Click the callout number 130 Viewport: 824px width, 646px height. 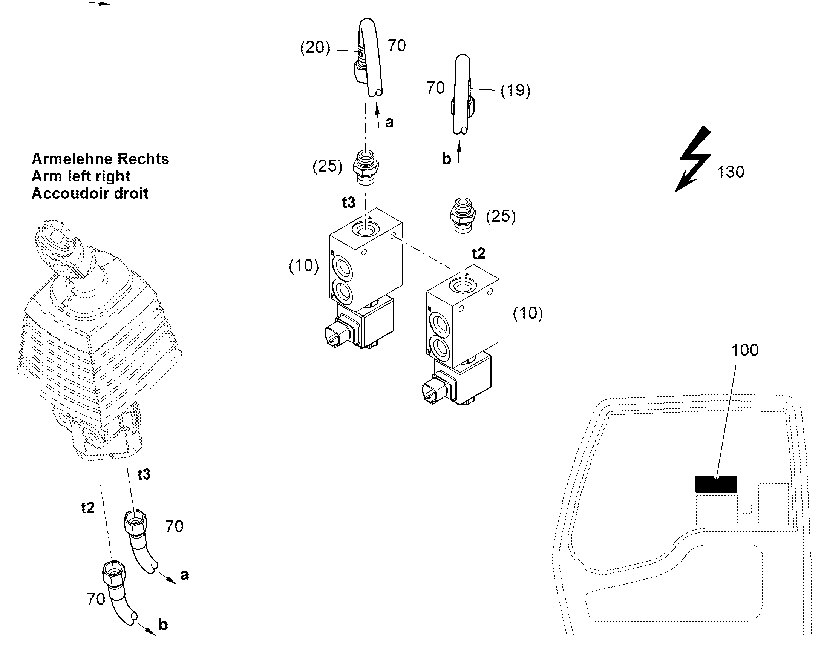click(731, 172)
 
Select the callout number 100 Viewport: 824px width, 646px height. click(745, 350)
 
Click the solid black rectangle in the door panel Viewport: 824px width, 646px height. click(716, 484)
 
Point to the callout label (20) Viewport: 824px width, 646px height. click(315, 48)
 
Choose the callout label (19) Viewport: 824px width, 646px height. click(516, 91)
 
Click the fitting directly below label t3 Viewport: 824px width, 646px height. click(365, 167)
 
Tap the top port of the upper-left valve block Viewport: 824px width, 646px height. click(366, 229)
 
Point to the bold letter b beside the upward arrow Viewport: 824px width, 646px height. click(446, 159)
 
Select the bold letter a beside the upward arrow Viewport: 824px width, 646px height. click(389, 123)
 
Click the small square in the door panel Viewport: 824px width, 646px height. click(746, 508)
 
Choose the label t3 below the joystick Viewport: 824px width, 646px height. click(144, 474)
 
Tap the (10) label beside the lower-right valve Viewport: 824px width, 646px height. click(528, 313)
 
